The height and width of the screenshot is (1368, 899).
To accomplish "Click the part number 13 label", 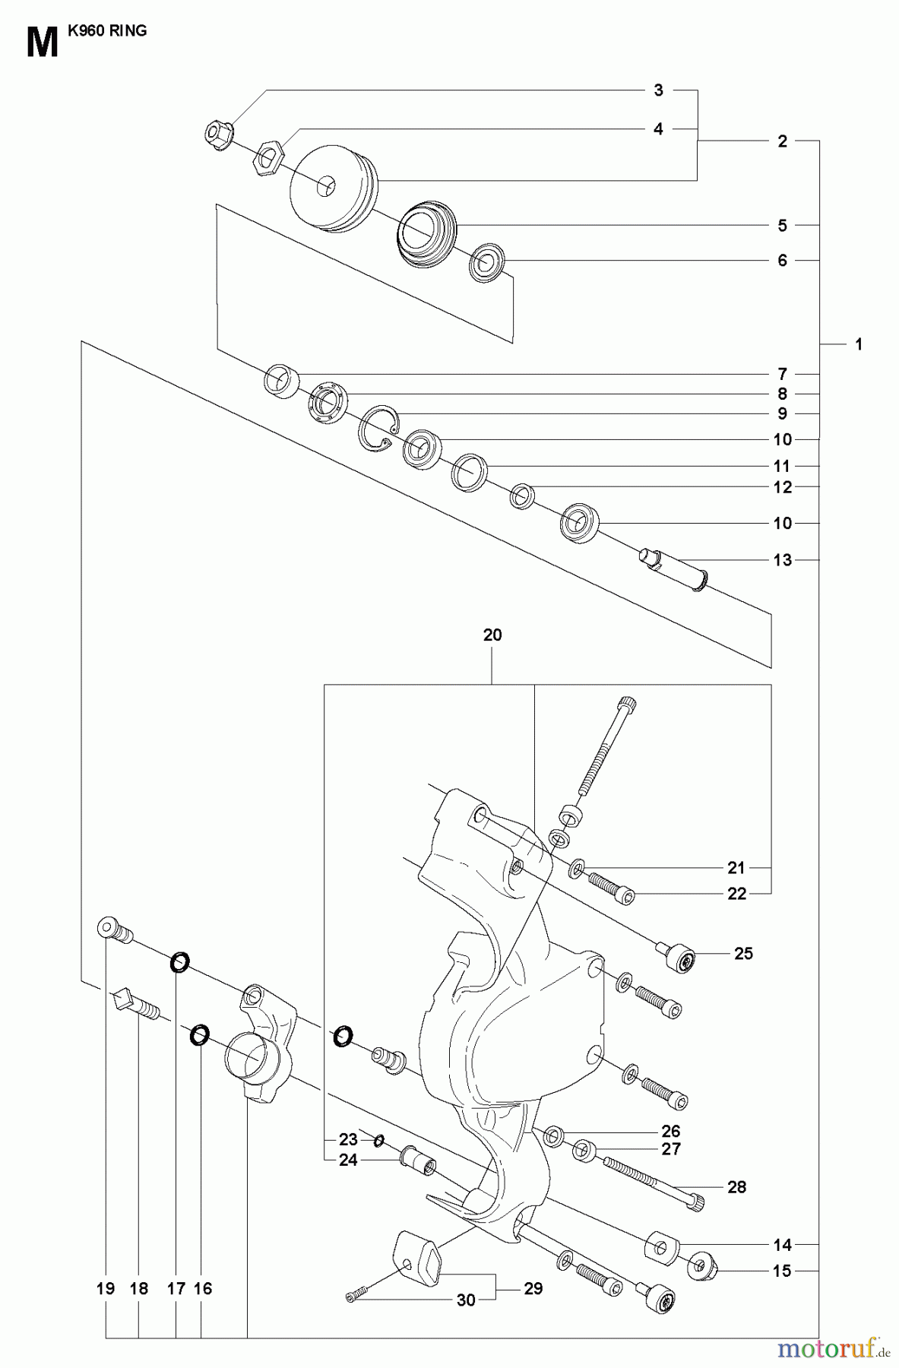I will pyautogui.click(x=782, y=560).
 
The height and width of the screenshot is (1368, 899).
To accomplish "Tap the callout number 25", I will pyautogui.click(x=743, y=953).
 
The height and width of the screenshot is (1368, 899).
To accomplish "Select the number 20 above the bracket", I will pyautogui.click(x=492, y=635).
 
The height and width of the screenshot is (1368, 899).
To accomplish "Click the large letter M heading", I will pyautogui.click(x=42, y=43).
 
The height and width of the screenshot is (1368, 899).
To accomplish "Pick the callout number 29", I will pyautogui.click(x=533, y=1288).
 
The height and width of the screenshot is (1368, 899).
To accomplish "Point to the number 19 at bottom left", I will pyautogui.click(x=106, y=1288).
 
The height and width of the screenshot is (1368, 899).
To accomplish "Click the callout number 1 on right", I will pyautogui.click(x=859, y=344).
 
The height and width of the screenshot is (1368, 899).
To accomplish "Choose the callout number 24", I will pyautogui.click(x=348, y=1161).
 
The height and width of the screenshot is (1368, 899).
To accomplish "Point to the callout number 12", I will pyautogui.click(x=782, y=487).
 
